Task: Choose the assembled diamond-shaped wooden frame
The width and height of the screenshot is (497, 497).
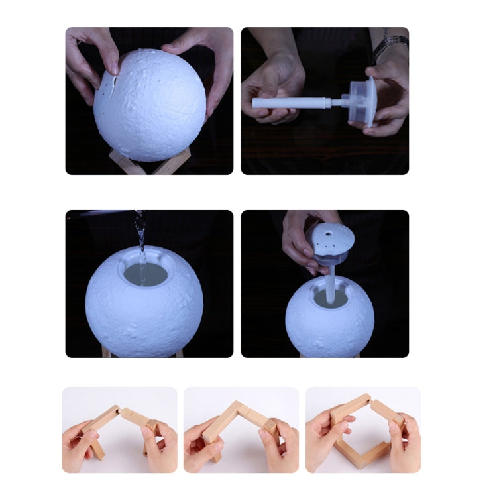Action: coord(362,430)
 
